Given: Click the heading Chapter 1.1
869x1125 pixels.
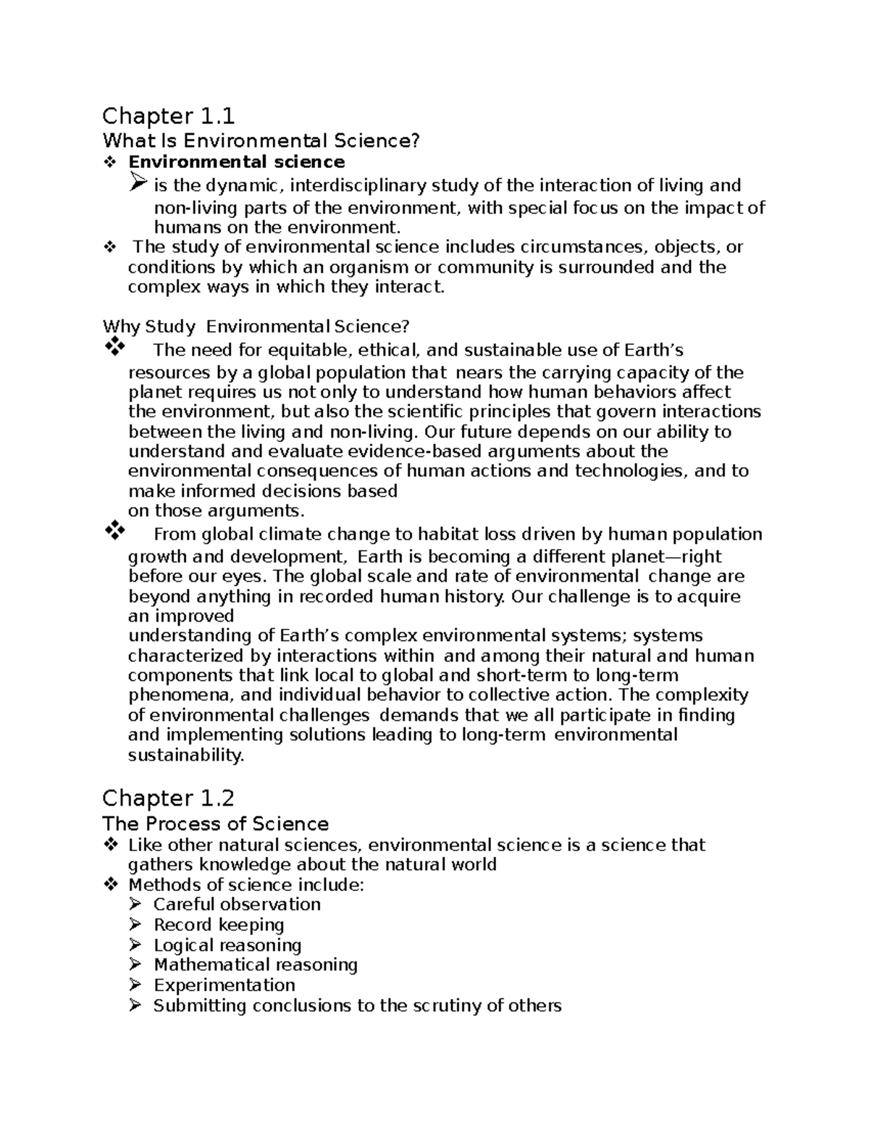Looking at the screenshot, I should click(169, 116).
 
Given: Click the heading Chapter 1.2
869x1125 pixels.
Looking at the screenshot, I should click(169, 798).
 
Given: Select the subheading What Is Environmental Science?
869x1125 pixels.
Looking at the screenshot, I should click(261, 141).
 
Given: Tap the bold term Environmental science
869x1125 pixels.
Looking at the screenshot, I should click(236, 162).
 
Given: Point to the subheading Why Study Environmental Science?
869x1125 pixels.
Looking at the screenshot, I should click(256, 327).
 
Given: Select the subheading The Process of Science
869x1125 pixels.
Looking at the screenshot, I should click(215, 824).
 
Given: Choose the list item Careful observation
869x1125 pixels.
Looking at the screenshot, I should click(237, 904).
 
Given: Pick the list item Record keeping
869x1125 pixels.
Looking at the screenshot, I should click(219, 924).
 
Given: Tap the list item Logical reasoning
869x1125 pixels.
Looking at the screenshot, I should click(227, 945).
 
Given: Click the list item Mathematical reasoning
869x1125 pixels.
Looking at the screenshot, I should click(256, 965).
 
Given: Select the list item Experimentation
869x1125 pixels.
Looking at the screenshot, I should click(224, 985).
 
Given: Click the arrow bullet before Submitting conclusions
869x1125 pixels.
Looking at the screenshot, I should click(135, 1005).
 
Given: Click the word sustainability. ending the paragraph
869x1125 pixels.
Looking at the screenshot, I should click(186, 756).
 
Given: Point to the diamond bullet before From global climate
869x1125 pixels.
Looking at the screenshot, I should click(114, 532).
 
